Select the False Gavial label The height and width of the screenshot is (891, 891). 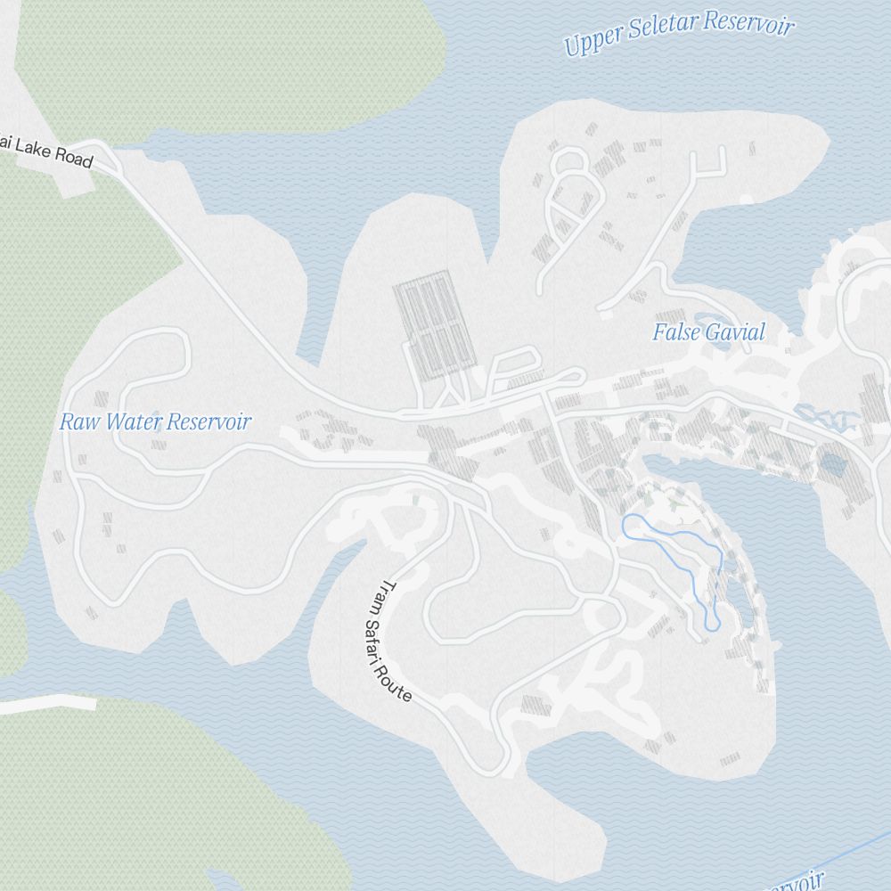coord(708,333)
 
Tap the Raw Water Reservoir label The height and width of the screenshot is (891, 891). coord(155,421)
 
